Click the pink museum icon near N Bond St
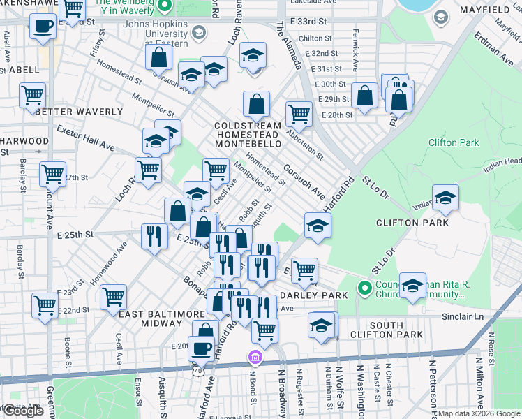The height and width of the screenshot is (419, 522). tap(255, 358)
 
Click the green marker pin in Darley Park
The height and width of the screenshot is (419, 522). tap(364, 288)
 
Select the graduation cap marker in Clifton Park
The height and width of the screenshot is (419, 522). tap(445, 197)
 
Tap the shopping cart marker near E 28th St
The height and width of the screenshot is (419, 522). tap(299, 113)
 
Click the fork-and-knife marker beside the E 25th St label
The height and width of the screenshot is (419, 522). tap(154, 235)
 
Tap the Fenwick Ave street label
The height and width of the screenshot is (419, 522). tap(356, 57)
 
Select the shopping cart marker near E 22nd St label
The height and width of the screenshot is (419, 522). tap(113, 297)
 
